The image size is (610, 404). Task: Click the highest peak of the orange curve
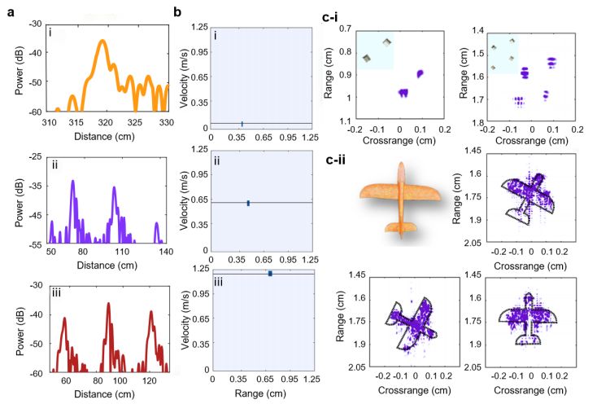point(102,41)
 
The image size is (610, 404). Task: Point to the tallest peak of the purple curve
point(72,181)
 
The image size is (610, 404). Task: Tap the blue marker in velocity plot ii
point(248,203)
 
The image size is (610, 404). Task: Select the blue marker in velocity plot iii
point(270,274)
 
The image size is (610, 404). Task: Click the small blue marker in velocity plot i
point(242,124)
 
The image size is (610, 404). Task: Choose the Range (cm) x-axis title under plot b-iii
point(258,393)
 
